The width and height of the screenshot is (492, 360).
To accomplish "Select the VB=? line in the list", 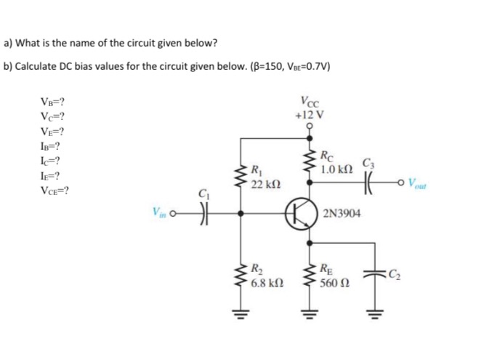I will tap(55, 103).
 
